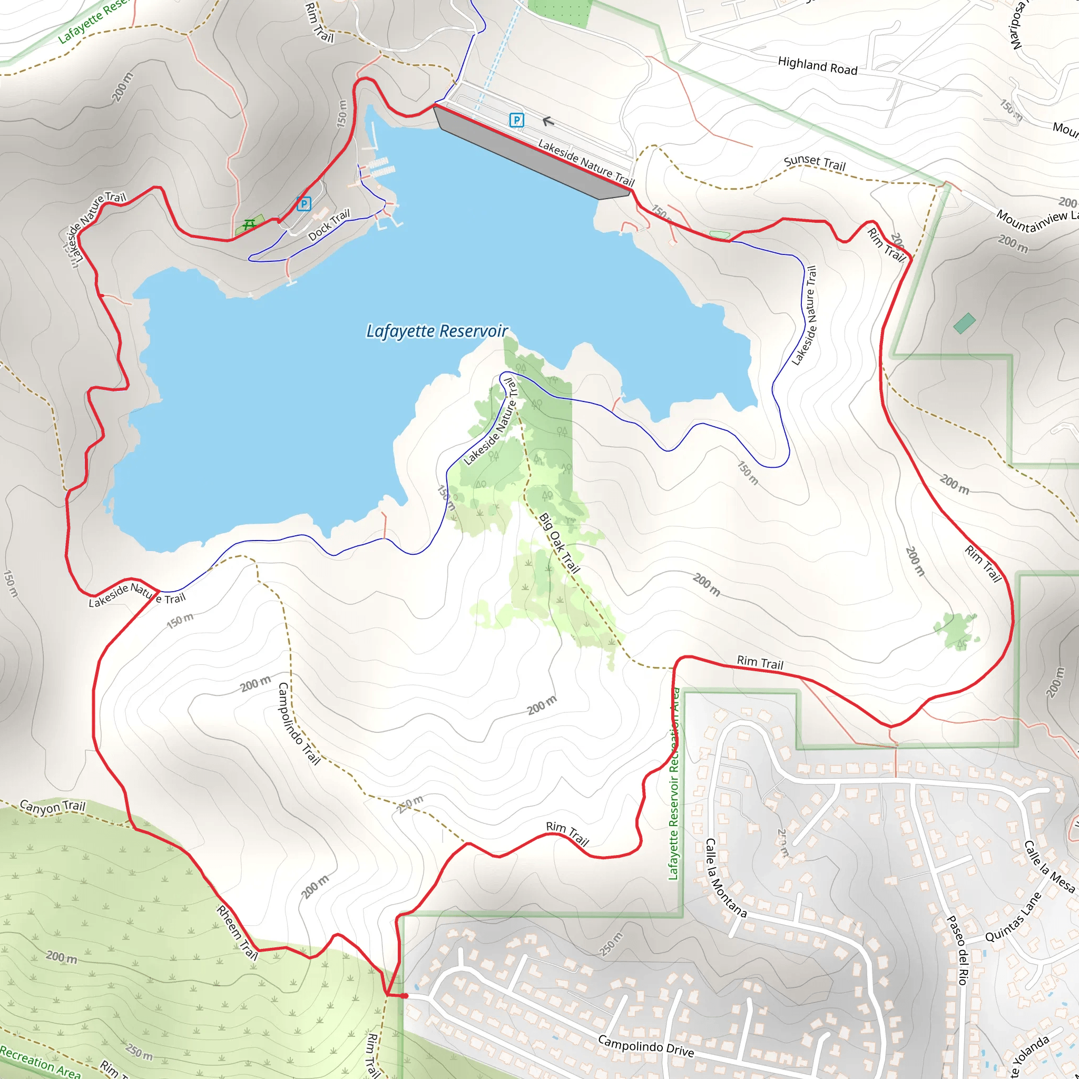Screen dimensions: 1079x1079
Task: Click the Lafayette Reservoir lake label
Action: (x=437, y=331)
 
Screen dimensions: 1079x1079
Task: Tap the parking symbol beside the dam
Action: (x=517, y=120)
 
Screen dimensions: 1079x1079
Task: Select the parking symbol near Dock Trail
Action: (x=304, y=204)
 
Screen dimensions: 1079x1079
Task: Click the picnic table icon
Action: (x=249, y=224)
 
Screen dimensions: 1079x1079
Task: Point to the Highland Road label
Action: (x=818, y=66)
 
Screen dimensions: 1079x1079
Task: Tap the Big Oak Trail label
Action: (x=559, y=543)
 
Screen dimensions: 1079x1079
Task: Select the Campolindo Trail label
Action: (x=299, y=723)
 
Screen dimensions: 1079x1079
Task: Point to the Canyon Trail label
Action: (x=53, y=806)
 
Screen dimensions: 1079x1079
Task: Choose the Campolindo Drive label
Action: (x=645, y=1045)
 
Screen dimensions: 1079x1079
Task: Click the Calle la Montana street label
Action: (x=725, y=878)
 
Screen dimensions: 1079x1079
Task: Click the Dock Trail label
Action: (x=329, y=224)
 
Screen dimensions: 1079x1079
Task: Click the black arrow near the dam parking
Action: (x=547, y=121)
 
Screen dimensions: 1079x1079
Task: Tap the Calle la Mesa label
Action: (x=1049, y=866)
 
